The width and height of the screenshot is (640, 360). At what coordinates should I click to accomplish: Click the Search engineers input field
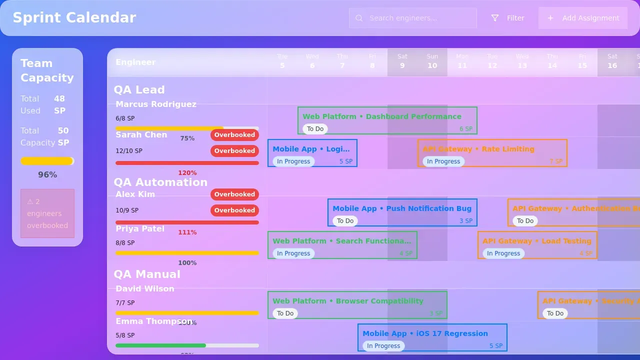coord(413,18)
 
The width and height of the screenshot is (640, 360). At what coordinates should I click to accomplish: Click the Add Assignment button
coord(583,18)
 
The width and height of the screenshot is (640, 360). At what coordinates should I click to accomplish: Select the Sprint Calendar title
coord(74,17)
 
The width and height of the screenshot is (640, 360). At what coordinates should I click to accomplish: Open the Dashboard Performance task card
coord(387,120)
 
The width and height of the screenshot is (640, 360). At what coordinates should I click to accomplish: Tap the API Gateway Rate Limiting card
coord(492,153)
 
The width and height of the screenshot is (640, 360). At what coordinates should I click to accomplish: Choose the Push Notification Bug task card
coord(402,212)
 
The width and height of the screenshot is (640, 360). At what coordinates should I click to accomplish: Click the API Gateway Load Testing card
coord(537,245)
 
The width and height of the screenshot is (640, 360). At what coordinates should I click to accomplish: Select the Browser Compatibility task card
coord(357,305)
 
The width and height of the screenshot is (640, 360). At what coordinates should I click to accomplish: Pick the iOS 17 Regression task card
coord(432,337)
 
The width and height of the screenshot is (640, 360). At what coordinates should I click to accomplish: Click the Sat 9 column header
coord(402,61)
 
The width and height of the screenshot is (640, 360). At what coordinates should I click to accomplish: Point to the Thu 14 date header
coord(552,61)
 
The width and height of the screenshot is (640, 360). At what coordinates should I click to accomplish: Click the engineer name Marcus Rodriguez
coord(156,104)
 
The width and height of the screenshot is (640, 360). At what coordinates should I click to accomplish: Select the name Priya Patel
coord(140,228)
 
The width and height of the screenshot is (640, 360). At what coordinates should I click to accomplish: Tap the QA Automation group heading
coord(160,182)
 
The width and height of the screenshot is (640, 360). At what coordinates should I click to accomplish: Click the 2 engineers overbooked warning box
coord(47,213)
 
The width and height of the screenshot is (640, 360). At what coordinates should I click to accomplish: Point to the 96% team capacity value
coord(47,175)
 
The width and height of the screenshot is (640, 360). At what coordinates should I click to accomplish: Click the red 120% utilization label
coord(187,173)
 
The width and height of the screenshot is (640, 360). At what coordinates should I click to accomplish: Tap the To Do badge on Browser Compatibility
coord(285,313)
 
